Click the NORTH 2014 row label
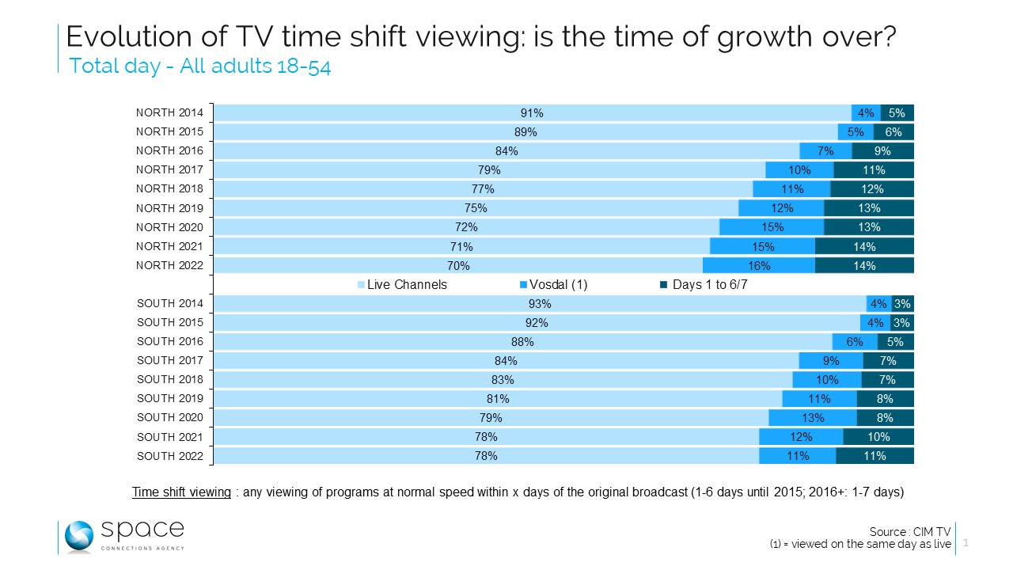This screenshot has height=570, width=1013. pyautogui.click(x=169, y=112)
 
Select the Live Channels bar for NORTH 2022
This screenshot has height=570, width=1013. pyautogui.click(x=458, y=266)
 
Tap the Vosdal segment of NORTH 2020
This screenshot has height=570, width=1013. pyautogui.click(x=772, y=227)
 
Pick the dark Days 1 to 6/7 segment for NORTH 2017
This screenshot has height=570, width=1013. pyautogui.click(x=874, y=170)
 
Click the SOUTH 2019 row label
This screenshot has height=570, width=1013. pyautogui.click(x=169, y=398)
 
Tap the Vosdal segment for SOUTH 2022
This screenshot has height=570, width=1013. pyautogui.click(x=797, y=456)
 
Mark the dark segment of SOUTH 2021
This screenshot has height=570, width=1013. pyautogui.click(x=878, y=437)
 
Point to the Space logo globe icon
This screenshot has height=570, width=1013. pyautogui.click(x=80, y=536)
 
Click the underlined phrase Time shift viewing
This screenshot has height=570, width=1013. pyautogui.click(x=181, y=492)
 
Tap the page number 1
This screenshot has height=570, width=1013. pyautogui.click(x=966, y=544)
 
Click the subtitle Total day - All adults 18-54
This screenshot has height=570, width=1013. pyautogui.click(x=199, y=66)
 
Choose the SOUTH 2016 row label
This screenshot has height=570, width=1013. pyautogui.click(x=169, y=341)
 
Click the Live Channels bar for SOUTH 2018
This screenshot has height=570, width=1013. pyautogui.click(x=503, y=380)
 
